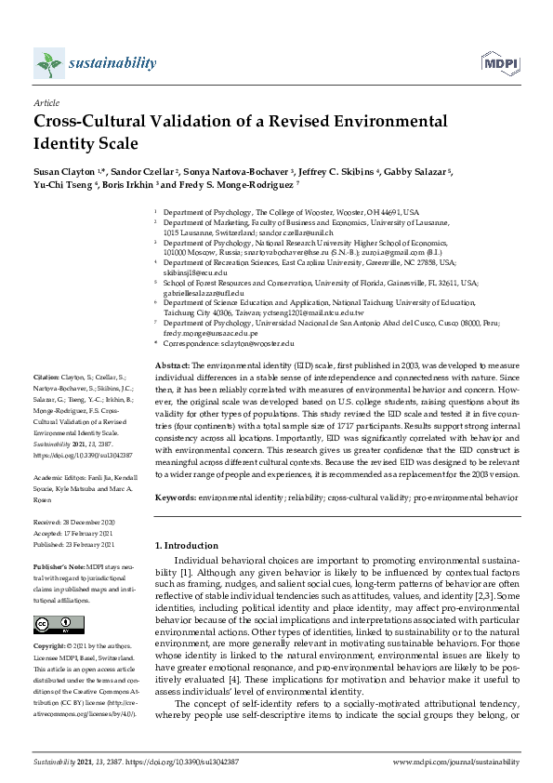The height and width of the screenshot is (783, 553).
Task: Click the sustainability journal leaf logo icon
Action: pyautogui.click(x=46, y=63)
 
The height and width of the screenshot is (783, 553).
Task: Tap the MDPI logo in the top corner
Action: pyautogui.click(x=499, y=63)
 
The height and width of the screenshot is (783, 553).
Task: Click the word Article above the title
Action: pyautogui.click(x=46, y=103)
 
